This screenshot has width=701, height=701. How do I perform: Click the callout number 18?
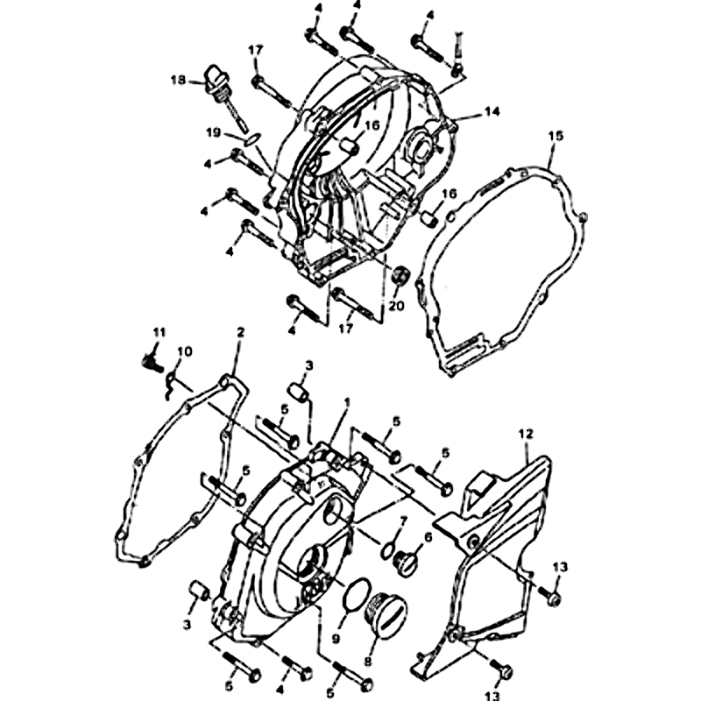point(178,81)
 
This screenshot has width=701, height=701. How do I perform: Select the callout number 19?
point(214,133)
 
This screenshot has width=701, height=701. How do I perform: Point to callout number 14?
point(492,111)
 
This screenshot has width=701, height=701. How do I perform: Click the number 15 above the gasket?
point(556,136)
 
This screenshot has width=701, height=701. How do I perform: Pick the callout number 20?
point(396,306)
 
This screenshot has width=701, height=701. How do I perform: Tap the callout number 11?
point(159,333)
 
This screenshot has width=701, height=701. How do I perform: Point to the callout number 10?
point(184,352)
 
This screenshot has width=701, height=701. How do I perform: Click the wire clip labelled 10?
point(169,386)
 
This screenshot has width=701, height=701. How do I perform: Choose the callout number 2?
point(240,333)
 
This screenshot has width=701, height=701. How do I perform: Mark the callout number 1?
point(346,402)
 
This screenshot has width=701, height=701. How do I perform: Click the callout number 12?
point(527,434)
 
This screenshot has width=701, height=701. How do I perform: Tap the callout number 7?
point(404,520)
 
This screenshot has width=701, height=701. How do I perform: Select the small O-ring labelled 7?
point(388,550)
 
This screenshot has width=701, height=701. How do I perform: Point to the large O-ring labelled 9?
point(357,598)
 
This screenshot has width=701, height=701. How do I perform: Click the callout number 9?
point(336,640)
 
